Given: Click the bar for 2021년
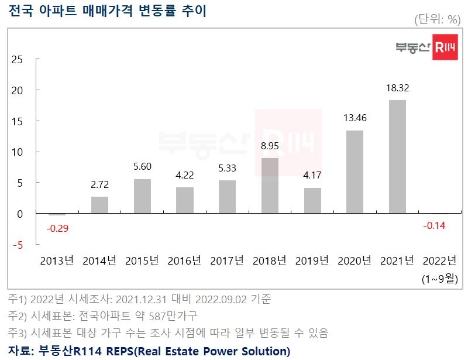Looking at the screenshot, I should point(397,156).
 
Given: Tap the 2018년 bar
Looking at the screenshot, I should point(270,186).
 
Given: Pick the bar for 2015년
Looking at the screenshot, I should point(142,196).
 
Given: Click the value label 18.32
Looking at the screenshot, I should point(397,88).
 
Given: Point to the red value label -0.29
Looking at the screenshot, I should point(57,228).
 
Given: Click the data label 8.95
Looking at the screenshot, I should point(270,146).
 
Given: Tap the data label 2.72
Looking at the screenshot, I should point(100,184).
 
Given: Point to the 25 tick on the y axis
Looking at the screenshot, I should point(17,59).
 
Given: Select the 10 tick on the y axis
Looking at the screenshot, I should point(17,152).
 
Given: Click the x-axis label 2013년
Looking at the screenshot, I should point(57,261).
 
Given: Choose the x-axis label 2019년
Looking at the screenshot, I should point(312,261).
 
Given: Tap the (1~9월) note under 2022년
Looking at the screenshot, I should point(439,279).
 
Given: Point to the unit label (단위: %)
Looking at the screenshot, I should point(437,19).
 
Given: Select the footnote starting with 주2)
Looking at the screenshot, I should point(102,316).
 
